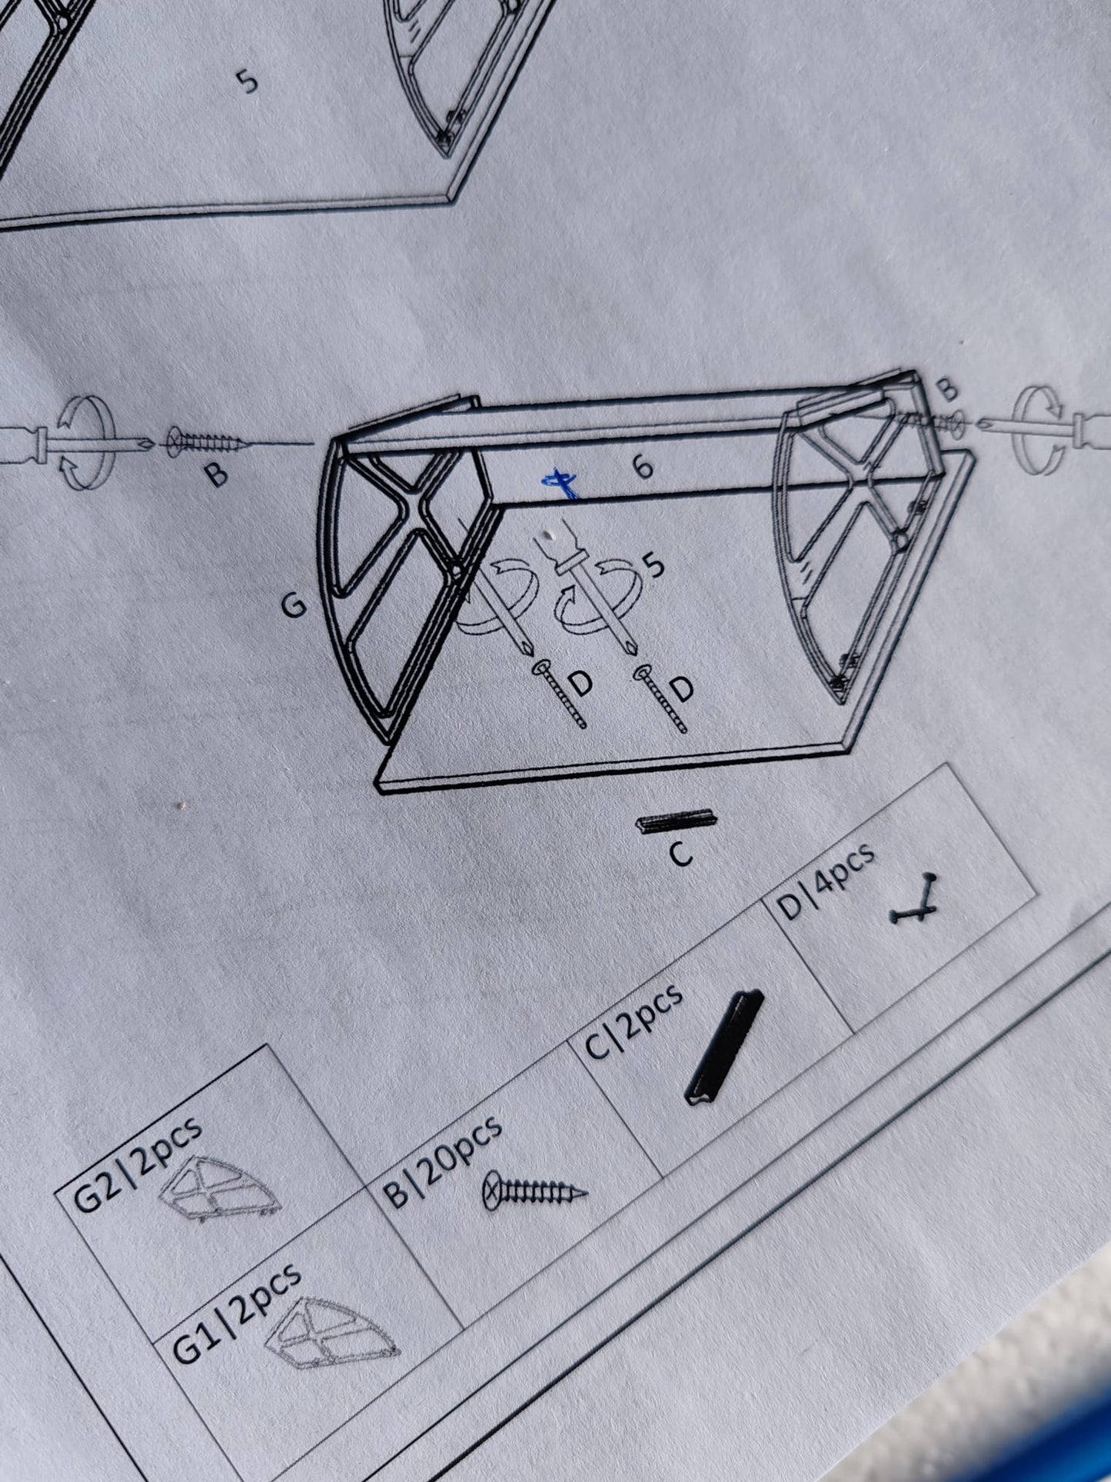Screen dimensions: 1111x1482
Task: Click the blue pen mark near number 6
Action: click(x=560, y=484)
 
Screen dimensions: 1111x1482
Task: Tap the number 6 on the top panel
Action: click(x=644, y=465)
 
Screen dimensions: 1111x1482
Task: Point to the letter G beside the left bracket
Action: click(x=294, y=606)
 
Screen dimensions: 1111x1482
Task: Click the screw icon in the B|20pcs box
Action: click(x=534, y=1191)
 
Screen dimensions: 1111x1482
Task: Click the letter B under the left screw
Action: click(x=218, y=475)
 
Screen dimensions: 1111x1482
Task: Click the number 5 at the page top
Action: click(x=248, y=82)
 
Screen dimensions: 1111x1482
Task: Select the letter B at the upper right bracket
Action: click(x=950, y=389)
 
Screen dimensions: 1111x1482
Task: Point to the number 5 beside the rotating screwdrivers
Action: click(x=654, y=566)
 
